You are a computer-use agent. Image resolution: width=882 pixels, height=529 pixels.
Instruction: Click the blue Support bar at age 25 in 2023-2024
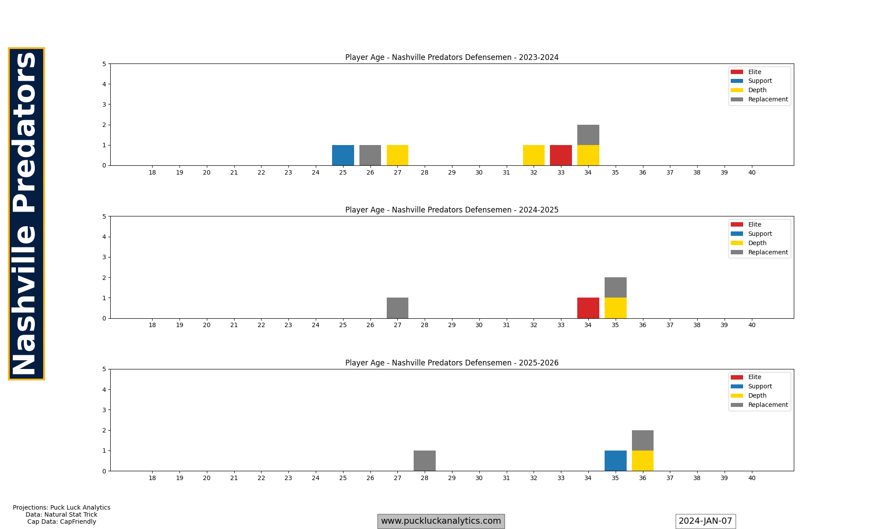tap(343, 155)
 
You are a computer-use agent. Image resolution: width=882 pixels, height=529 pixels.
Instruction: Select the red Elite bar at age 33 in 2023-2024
tap(561, 155)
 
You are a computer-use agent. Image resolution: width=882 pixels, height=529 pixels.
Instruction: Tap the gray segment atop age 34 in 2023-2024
tap(588, 135)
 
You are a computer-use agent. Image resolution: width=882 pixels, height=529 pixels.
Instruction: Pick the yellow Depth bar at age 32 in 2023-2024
tap(534, 155)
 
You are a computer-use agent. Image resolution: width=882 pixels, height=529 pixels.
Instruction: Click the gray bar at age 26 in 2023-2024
tap(370, 155)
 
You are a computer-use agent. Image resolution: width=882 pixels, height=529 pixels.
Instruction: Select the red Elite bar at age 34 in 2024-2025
tap(588, 308)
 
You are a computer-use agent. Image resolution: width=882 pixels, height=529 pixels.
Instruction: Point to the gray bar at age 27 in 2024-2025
tap(397, 308)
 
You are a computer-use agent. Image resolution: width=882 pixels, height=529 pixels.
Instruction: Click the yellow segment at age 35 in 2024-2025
tap(615, 308)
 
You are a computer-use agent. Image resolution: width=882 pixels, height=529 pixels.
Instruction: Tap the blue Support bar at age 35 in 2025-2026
tap(615, 461)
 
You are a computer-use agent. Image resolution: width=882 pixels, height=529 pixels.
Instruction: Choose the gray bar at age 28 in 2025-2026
tap(425, 461)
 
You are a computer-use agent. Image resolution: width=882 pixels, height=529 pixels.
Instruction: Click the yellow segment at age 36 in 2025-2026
tap(643, 461)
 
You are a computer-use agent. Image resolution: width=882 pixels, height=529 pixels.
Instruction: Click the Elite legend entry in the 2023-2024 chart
tap(754, 72)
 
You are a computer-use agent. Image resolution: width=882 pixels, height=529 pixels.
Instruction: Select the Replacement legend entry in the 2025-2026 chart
tap(767, 405)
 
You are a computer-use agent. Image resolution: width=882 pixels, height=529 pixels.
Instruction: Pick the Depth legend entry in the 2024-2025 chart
tap(757, 243)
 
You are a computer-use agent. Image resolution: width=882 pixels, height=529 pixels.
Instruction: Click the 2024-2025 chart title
tap(452, 210)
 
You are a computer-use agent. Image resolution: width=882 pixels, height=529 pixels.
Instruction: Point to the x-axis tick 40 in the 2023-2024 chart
tap(751, 172)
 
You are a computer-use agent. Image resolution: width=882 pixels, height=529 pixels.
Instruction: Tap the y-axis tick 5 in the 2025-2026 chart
tap(104, 369)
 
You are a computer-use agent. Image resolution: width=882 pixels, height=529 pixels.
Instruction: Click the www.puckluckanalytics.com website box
tap(441, 521)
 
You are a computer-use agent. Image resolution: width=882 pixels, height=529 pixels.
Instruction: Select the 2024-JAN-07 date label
tap(705, 521)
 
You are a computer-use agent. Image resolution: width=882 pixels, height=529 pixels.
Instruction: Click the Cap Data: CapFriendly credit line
tap(61, 522)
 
